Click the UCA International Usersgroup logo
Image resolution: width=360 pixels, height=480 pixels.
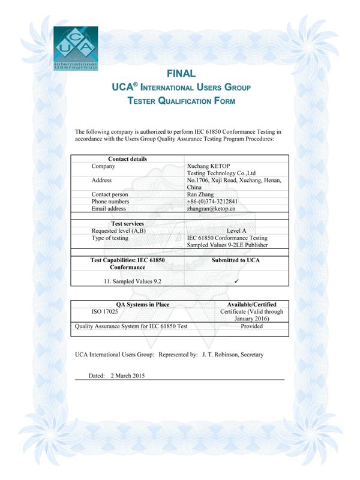75,49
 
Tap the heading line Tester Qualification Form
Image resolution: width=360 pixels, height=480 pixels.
181,101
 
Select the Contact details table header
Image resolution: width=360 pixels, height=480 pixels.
127,158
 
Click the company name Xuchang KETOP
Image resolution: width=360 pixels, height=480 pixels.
207,166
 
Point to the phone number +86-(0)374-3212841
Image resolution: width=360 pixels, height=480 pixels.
212,202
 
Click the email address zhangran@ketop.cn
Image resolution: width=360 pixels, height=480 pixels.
211,209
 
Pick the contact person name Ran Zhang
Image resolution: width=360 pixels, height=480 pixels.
201,194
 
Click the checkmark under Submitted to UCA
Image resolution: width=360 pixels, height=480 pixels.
237,281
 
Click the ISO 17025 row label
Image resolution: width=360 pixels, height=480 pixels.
104,312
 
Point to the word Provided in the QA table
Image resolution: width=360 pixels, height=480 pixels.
251,327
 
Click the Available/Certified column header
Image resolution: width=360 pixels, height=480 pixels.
251,304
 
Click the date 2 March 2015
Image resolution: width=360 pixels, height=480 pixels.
127,376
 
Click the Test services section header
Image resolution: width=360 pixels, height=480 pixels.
127,224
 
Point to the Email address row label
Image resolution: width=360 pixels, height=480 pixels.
109,209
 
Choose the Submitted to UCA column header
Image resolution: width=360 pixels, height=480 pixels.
236,260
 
